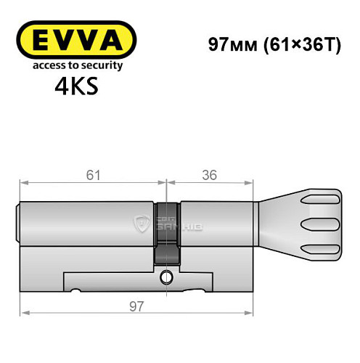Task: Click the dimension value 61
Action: (90, 174)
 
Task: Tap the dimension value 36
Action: (210, 174)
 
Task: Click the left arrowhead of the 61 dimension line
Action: (23, 181)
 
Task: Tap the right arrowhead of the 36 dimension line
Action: (253, 181)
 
